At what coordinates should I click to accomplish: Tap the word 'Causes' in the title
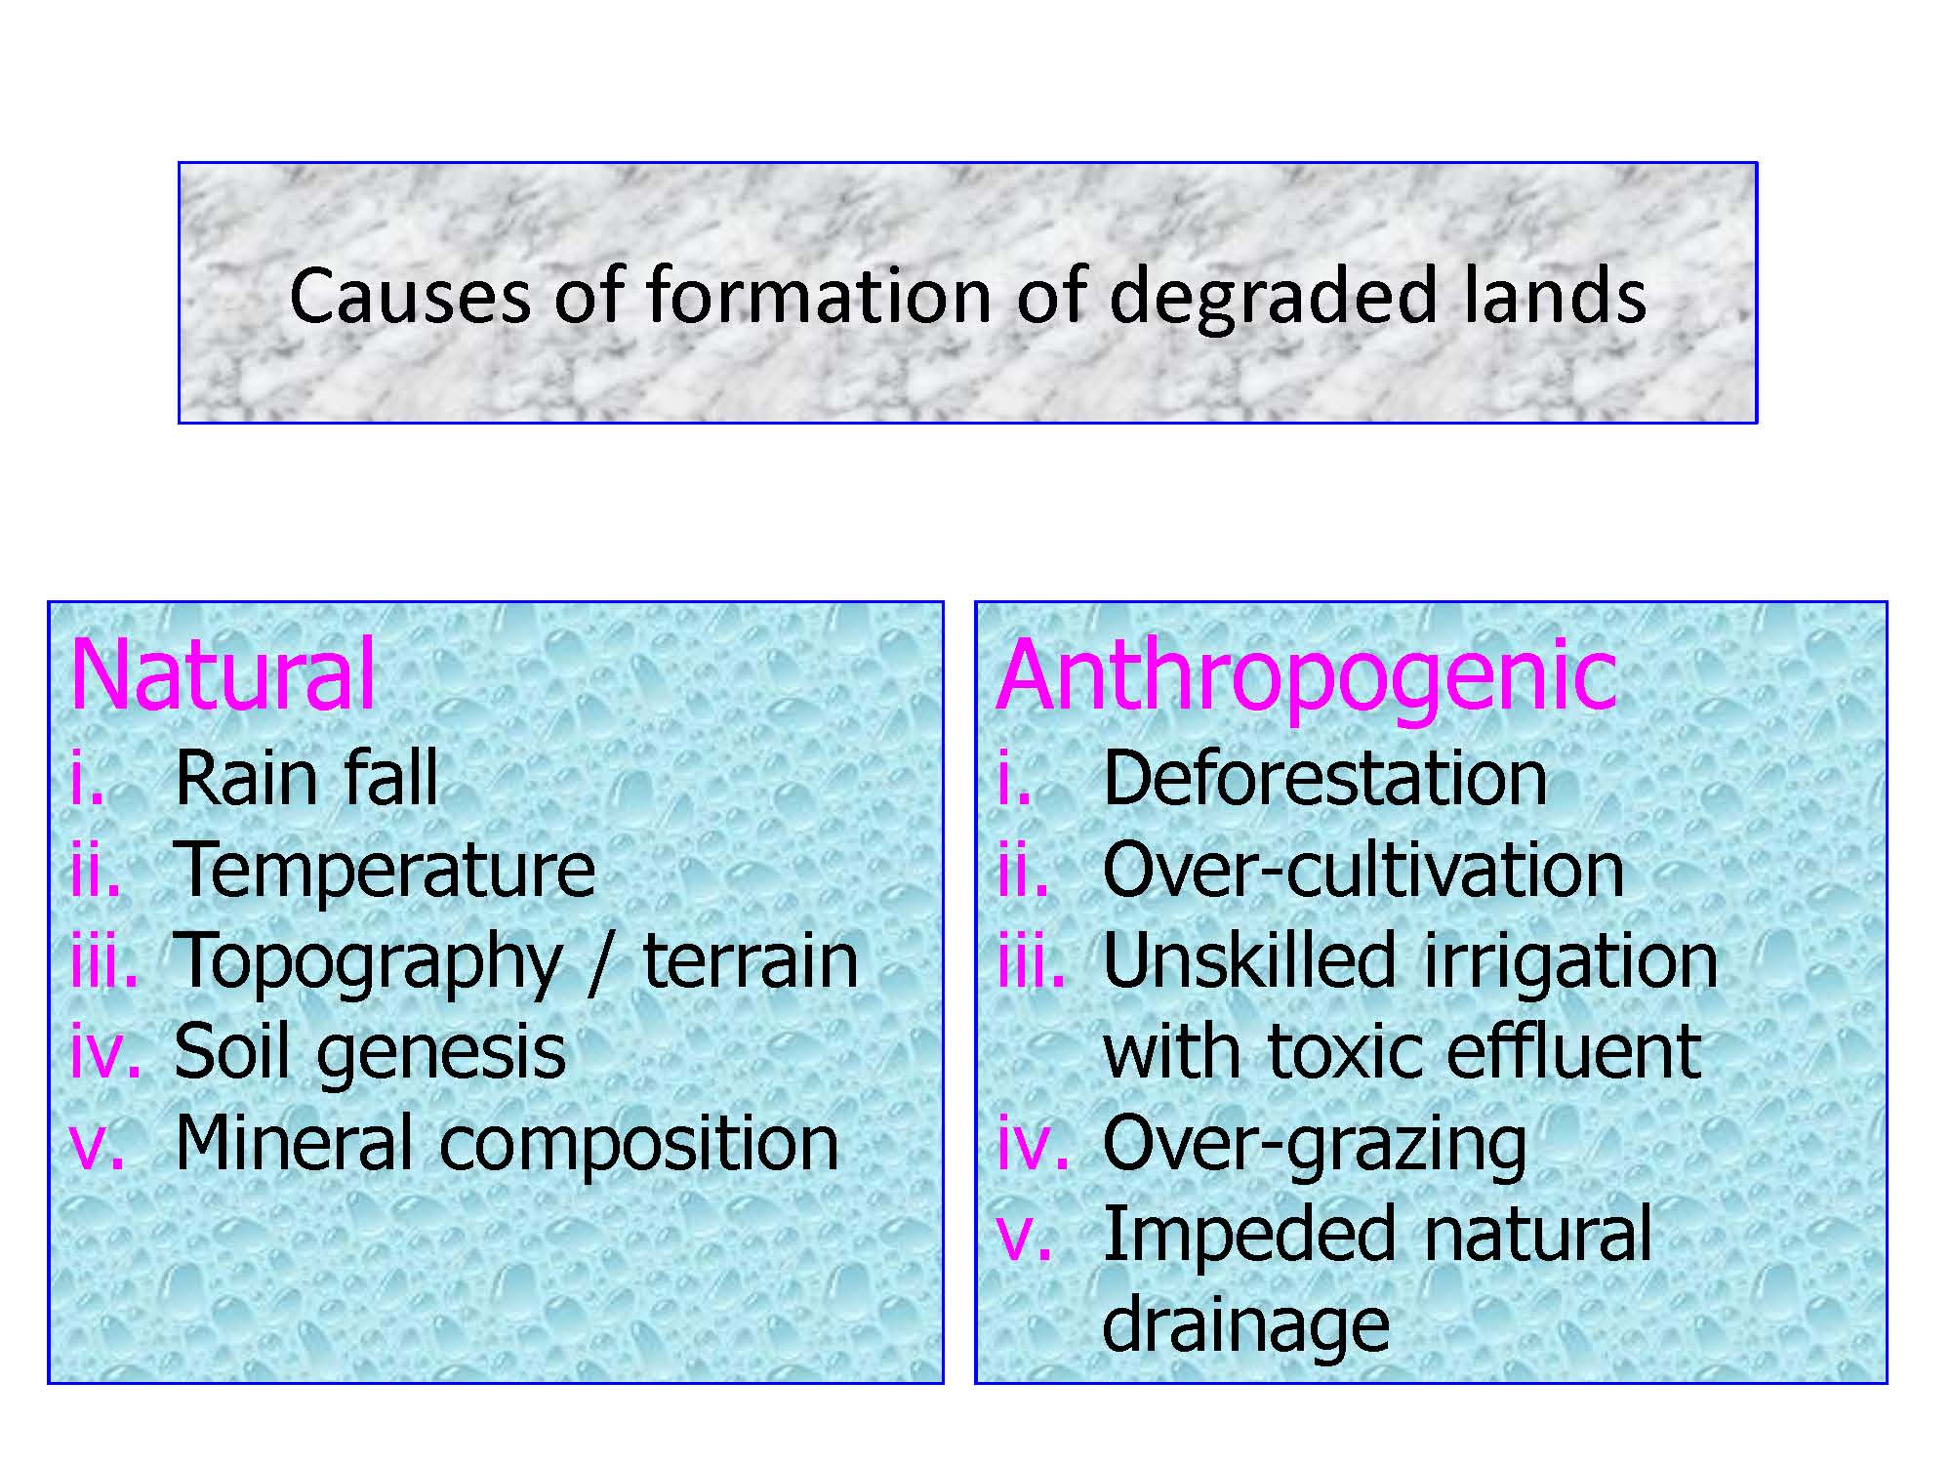click(411, 296)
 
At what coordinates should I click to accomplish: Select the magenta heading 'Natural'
click(224, 674)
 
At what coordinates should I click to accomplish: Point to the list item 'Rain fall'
click(306, 778)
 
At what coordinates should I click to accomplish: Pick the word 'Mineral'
click(294, 1143)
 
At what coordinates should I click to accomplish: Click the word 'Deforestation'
click(1324, 778)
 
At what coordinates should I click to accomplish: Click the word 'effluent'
click(1574, 1051)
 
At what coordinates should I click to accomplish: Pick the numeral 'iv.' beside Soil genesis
click(106, 1052)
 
